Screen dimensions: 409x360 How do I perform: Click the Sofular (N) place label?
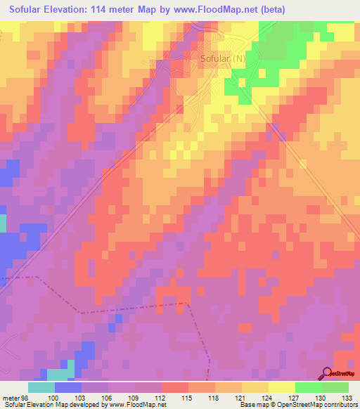tap(223, 58)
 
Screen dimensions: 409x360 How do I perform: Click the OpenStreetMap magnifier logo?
tap(326, 372)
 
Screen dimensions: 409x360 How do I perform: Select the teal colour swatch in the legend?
tap(41, 387)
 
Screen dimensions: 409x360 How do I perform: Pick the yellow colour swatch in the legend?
tap(282, 387)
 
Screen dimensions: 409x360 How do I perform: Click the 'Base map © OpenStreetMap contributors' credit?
tap(296, 405)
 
